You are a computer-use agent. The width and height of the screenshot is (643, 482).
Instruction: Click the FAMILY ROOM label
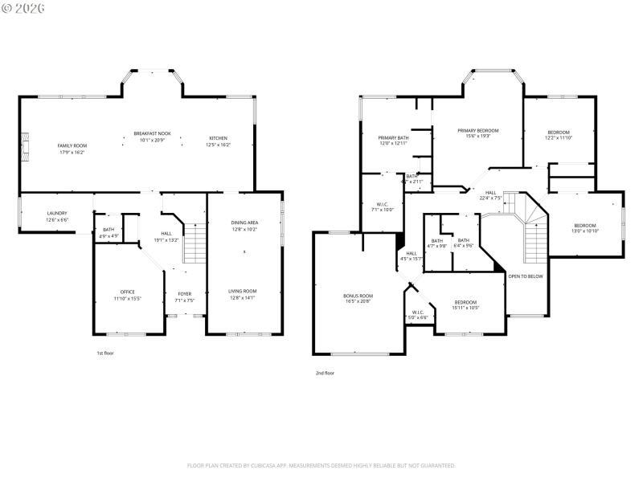(71, 145)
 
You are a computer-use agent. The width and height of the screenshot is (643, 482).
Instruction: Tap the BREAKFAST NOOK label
(151, 133)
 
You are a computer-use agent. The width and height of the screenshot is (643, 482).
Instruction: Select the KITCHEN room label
(219, 138)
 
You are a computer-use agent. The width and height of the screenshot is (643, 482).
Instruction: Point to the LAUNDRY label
(56, 213)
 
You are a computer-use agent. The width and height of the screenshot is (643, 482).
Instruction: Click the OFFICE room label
(128, 292)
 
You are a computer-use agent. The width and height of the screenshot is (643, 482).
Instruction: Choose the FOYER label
(184, 294)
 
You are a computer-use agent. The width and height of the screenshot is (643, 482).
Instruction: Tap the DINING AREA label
(244, 223)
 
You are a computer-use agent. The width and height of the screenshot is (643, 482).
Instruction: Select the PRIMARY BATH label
(393, 138)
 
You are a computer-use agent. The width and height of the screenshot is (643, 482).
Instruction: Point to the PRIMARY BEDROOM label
(478, 130)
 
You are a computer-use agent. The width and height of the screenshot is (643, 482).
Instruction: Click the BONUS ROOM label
(358, 296)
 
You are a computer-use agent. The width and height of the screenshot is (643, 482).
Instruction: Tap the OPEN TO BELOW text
(526, 276)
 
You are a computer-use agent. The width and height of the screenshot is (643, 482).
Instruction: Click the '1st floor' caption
(105, 353)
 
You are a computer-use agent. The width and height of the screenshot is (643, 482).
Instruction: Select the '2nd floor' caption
(325, 373)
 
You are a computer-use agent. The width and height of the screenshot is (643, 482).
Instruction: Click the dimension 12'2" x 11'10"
(559, 138)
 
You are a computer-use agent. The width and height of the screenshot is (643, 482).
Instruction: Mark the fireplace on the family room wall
(25, 145)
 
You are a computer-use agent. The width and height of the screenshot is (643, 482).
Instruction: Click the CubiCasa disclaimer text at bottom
(321, 465)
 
